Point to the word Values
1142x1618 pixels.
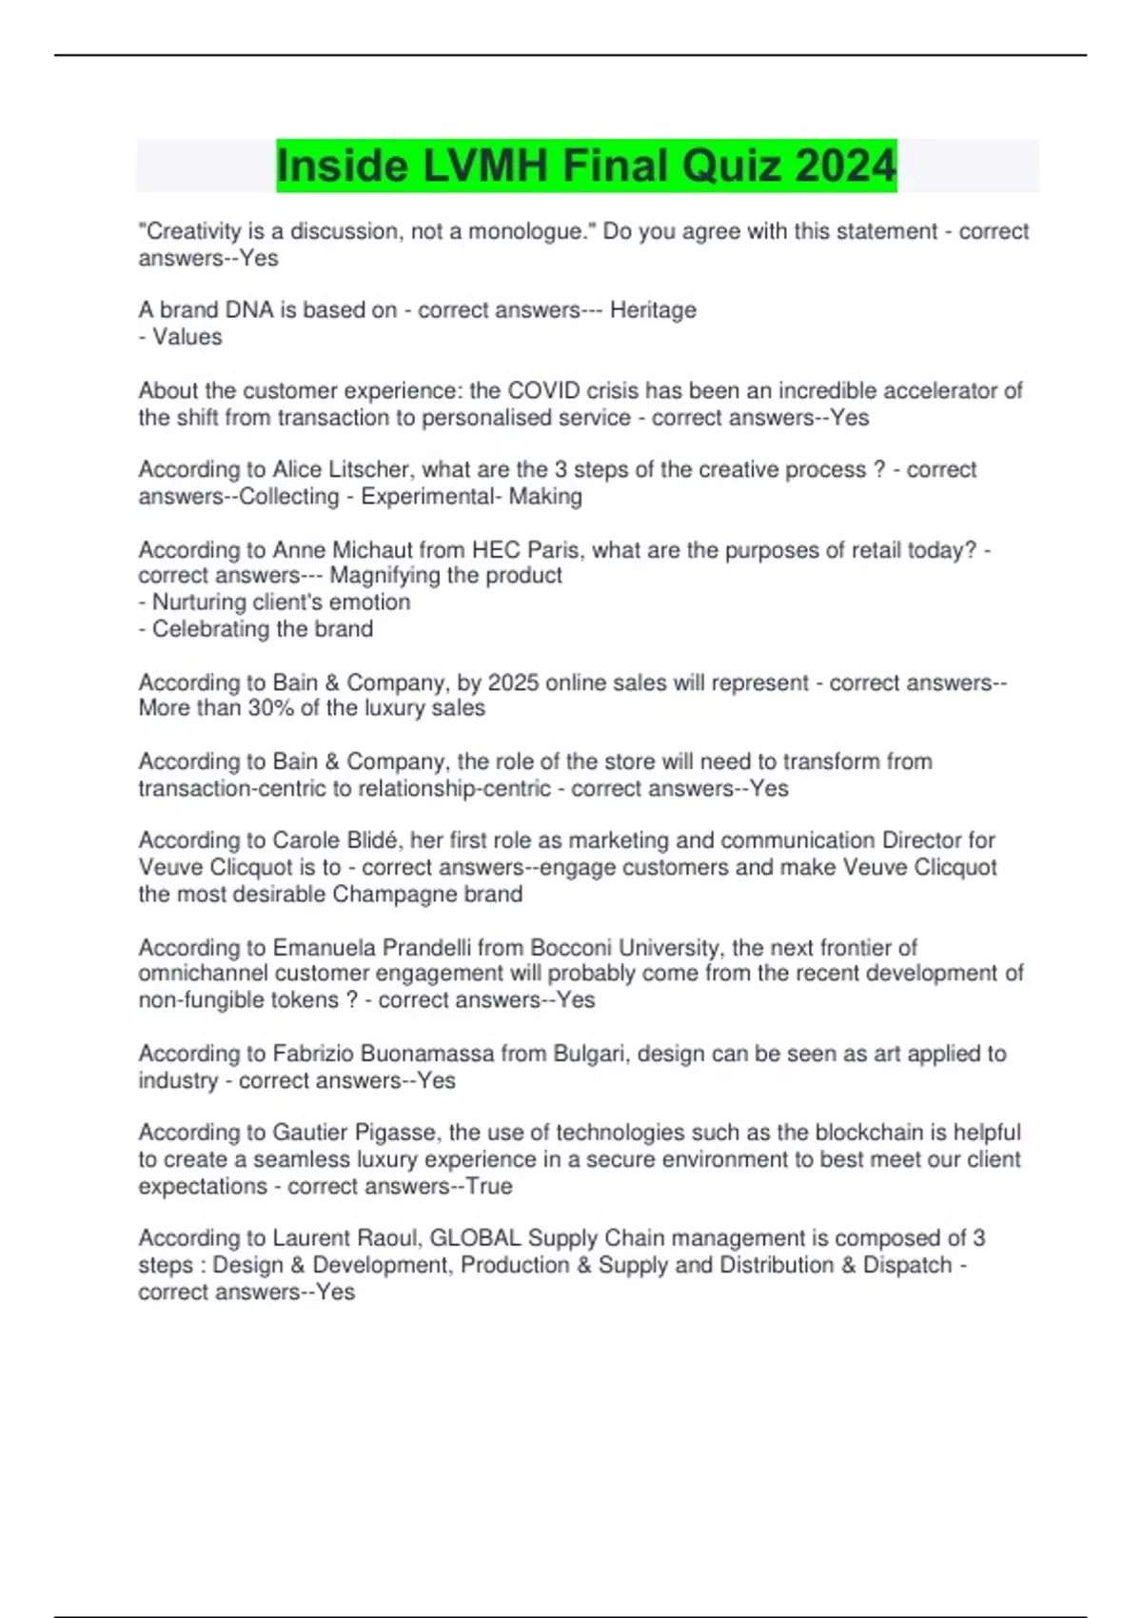point(187,337)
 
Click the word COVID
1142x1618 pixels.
point(543,390)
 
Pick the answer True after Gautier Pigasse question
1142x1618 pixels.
point(489,1187)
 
